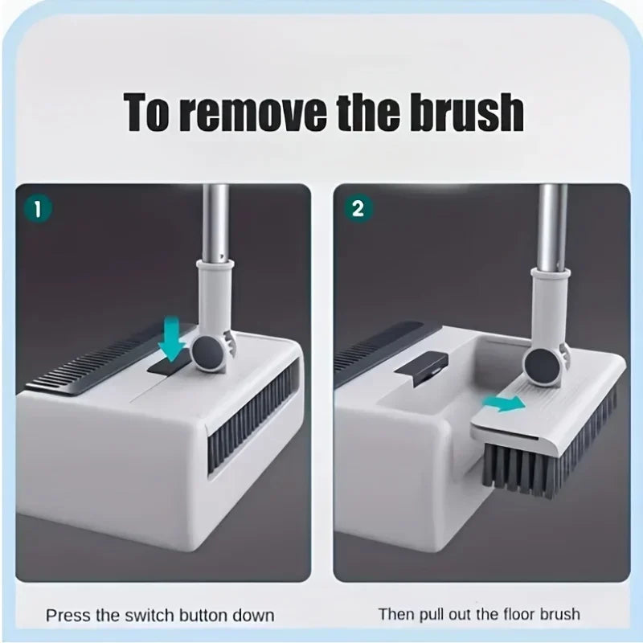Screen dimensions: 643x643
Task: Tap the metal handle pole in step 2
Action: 553,225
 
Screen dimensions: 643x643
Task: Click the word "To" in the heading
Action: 150,113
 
